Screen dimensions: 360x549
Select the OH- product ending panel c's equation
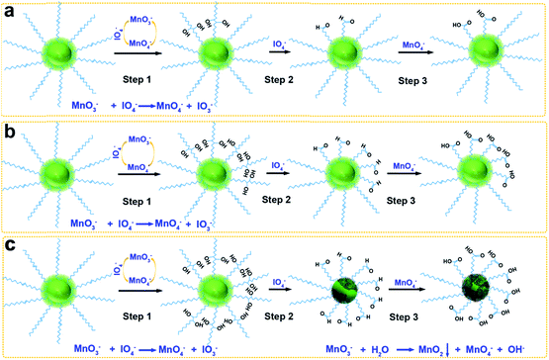tap(520, 348)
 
